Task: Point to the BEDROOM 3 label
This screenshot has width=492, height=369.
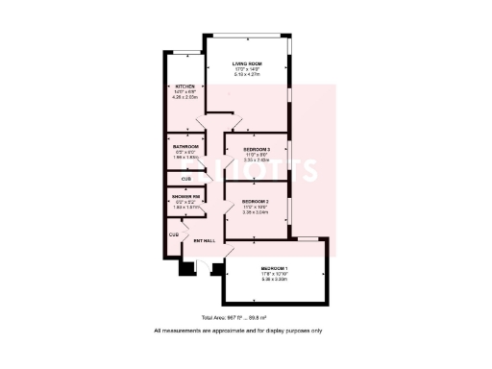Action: pyautogui.click(x=257, y=150)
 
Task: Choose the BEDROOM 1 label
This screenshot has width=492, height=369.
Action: pyautogui.click(x=276, y=268)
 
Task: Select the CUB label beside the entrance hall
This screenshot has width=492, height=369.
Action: pyautogui.click(x=174, y=234)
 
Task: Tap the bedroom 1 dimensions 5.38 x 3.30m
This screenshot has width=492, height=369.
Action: pyautogui.click(x=276, y=280)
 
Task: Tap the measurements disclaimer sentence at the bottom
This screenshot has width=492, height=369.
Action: pyautogui.click(x=245, y=331)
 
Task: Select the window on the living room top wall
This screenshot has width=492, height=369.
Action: pyautogui.click(x=247, y=37)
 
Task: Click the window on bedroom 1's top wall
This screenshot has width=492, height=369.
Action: pyautogui.click(x=307, y=237)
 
